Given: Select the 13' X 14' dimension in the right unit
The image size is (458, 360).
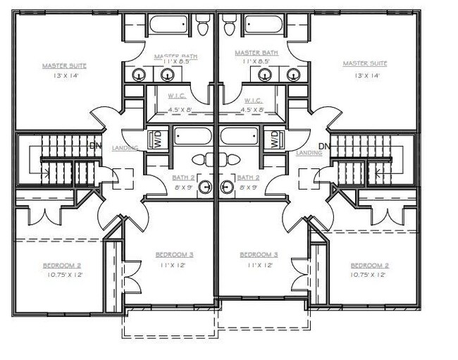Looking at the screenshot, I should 364,75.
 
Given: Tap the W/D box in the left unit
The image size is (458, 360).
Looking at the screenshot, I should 158,139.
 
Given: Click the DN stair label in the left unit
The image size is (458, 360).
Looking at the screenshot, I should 97,147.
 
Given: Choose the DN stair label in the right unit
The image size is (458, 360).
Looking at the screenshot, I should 324,147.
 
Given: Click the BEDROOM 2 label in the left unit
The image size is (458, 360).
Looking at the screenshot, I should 62,266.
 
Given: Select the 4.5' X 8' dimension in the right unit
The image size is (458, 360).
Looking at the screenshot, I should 252,109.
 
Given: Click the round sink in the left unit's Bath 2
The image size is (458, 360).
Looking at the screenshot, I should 204,187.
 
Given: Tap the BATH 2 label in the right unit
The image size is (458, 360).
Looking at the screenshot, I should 249,178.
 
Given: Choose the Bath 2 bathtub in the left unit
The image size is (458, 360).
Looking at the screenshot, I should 194,136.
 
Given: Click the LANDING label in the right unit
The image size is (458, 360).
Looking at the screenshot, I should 309,153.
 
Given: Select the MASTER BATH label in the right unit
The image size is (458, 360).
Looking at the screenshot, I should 256,52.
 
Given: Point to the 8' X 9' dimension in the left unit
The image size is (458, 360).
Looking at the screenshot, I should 184,187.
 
